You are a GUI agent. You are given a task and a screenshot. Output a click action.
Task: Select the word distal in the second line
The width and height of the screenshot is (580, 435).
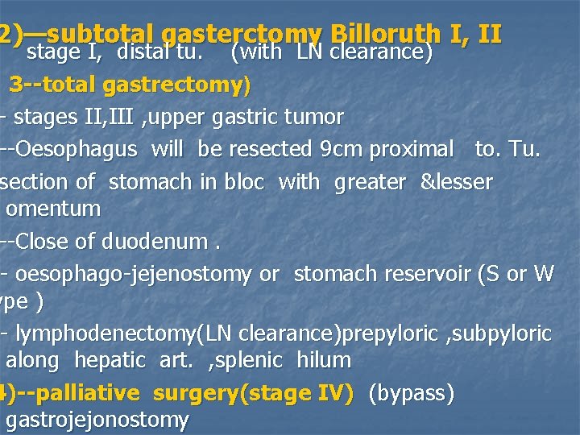click(x=143, y=53)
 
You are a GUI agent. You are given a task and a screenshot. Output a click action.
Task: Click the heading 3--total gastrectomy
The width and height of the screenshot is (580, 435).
click(x=130, y=84)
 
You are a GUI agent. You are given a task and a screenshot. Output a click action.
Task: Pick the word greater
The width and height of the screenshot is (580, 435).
click(x=370, y=183)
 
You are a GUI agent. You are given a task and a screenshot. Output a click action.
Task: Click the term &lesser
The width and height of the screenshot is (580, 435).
click(x=456, y=183)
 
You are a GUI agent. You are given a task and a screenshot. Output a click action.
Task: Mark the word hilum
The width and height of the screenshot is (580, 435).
click(x=324, y=360)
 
